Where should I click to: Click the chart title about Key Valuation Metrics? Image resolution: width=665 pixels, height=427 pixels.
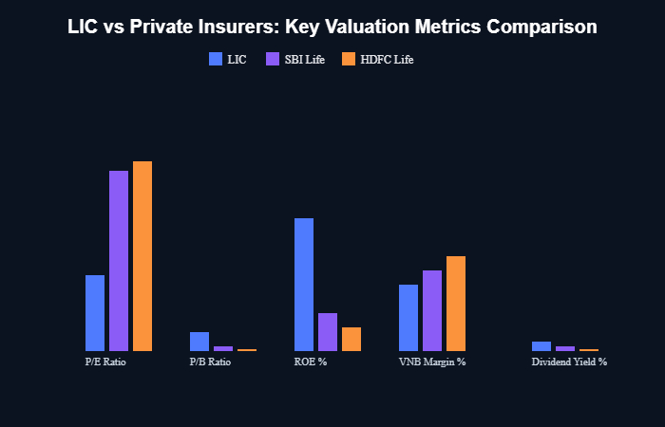(332, 28)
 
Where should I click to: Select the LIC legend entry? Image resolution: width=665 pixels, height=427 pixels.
(228, 59)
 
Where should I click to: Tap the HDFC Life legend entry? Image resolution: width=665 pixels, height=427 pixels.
(377, 59)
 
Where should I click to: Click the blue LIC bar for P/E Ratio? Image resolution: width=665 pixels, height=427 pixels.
(95, 313)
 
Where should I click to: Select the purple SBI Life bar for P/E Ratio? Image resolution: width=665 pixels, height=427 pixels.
(119, 261)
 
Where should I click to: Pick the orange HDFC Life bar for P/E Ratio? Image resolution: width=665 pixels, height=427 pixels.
(142, 256)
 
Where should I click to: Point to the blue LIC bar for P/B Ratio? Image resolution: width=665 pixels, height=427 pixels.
(199, 342)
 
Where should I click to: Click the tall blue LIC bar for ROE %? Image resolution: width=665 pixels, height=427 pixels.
(304, 285)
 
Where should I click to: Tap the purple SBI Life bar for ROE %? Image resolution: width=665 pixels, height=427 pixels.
(328, 332)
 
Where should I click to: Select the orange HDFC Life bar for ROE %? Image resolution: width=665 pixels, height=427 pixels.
(351, 339)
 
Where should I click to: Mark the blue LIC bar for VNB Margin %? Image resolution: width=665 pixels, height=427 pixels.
(408, 318)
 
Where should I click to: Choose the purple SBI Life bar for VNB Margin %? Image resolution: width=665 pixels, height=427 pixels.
(432, 310)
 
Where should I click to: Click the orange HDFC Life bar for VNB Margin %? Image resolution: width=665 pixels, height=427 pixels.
(456, 304)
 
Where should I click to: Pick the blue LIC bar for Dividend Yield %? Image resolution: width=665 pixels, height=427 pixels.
(541, 346)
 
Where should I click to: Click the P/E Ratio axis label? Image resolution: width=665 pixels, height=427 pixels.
(105, 362)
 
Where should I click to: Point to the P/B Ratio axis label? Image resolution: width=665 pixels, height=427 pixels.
(210, 362)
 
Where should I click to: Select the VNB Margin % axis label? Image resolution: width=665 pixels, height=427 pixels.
(432, 362)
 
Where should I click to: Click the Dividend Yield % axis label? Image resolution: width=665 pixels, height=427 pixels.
(569, 362)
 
